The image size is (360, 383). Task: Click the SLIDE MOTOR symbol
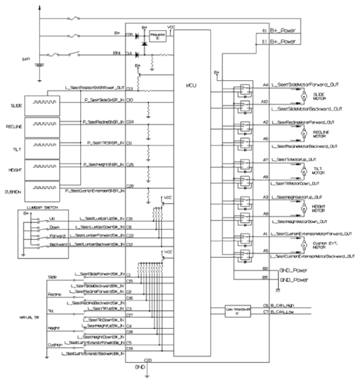tap(303, 96)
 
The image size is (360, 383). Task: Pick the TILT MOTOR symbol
tap(303, 170)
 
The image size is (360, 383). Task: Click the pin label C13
tap(130, 89)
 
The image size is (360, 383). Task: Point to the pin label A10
tap(265, 102)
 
